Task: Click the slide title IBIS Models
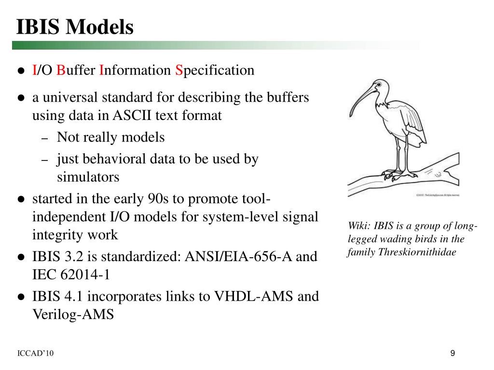tap(75, 27)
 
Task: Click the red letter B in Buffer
tap(61, 70)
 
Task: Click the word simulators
tap(88, 177)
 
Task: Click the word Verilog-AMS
tap(73, 315)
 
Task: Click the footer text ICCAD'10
tap(35, 354)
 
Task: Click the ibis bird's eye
tap(379, 85)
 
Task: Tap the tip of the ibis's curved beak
tap(350, 115)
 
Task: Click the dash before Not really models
tap(44, 138)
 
